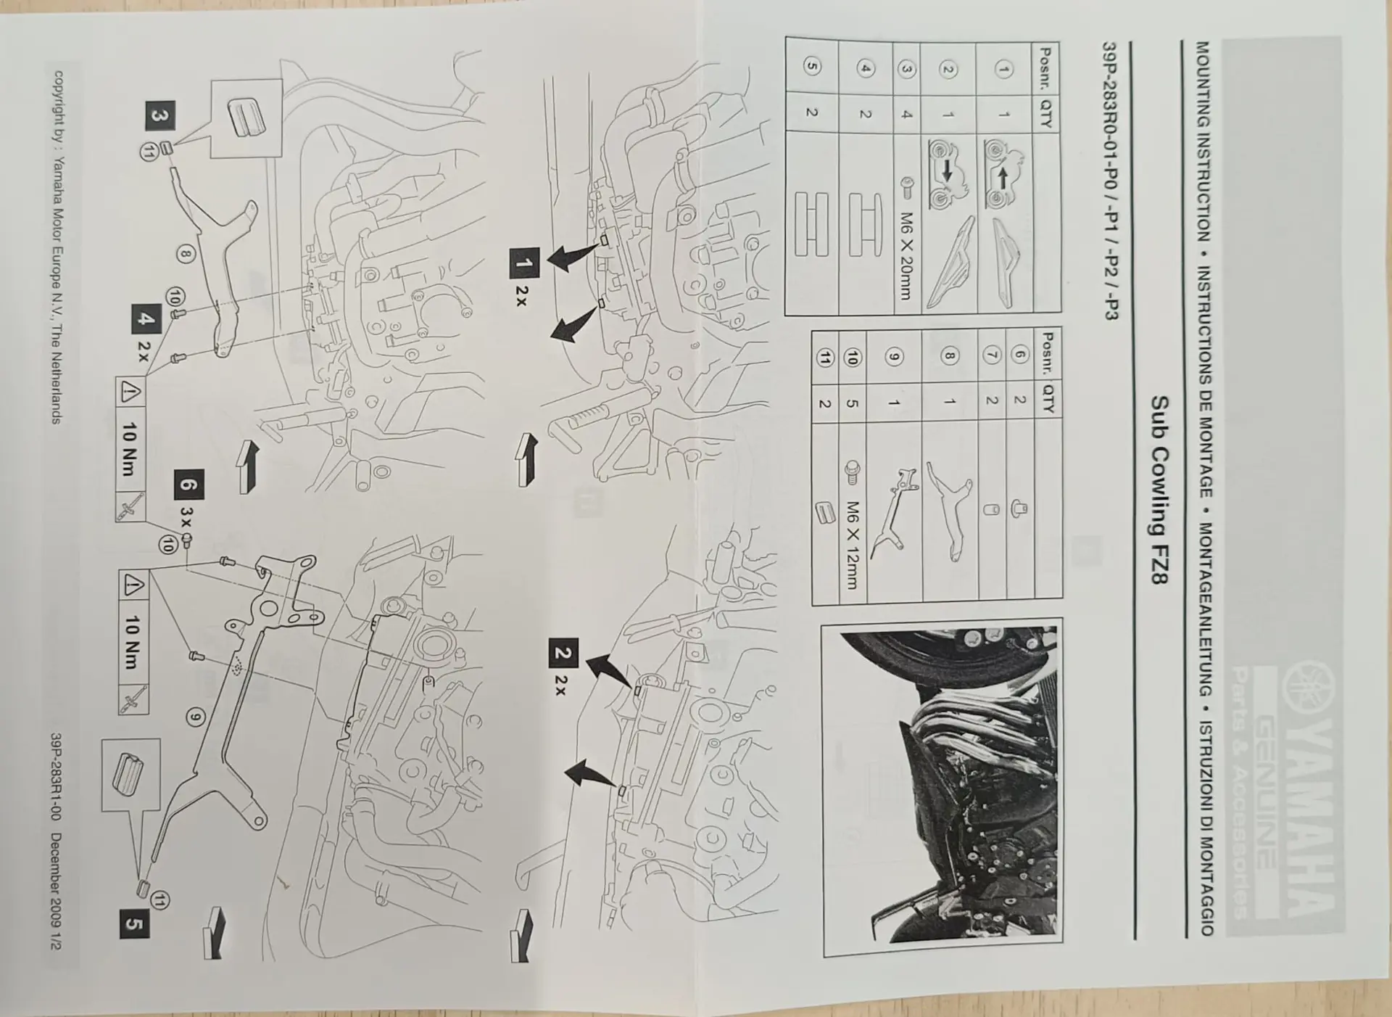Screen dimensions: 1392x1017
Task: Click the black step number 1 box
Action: tap(524, 263)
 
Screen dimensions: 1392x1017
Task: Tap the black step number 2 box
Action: tap(563, 653)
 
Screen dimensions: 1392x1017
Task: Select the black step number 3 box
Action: tap(159, 116)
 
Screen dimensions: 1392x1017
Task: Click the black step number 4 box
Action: tap(146, 319)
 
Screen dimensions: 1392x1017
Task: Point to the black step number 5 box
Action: tap(135, 924)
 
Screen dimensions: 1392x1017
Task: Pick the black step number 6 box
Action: tap(188, 485)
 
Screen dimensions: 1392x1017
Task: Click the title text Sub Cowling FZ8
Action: tap(1159, 491)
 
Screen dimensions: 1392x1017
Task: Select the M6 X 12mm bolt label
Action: tap(853, 545)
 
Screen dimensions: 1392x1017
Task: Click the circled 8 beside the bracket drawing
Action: tap(186, 254)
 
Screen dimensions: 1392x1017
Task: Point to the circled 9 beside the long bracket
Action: tap(195, 717)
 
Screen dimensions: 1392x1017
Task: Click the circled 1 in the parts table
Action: tap(1004, 70)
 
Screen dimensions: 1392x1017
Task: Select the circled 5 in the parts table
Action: tap(812, 67)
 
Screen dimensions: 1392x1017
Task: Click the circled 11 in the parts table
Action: tap(824, 357)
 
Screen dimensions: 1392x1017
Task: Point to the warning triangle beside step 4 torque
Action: tap(130, 393)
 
